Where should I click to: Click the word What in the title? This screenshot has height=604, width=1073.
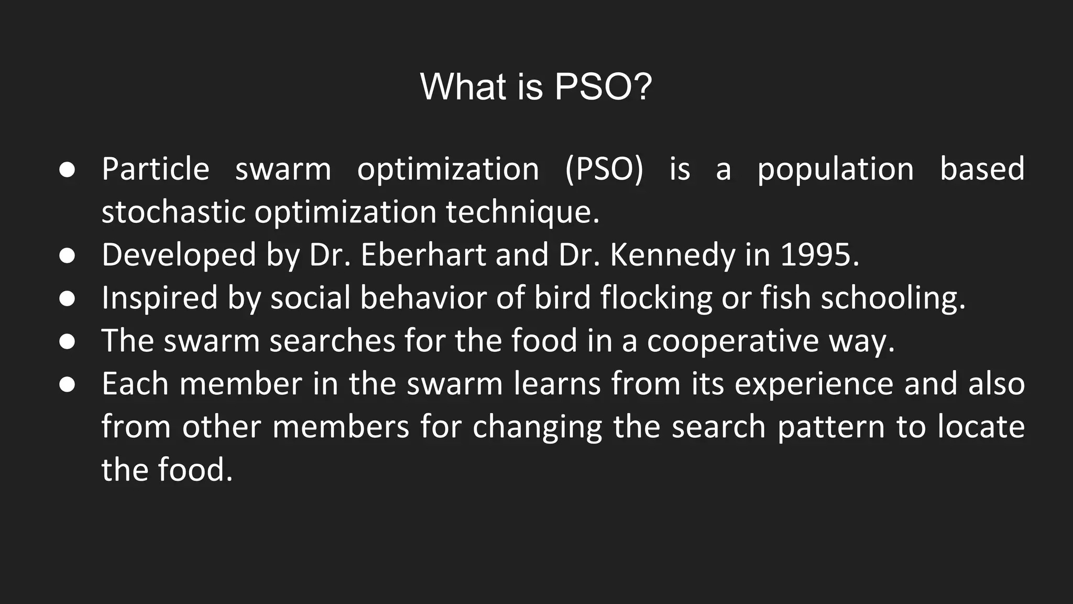tap(463, 87)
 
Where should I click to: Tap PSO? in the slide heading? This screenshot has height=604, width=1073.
tap(603, 87)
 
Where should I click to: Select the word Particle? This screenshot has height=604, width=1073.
tap(156, 169)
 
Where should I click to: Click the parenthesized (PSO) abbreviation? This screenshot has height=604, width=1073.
tap(604, 169)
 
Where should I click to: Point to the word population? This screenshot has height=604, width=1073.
tap(836, 169)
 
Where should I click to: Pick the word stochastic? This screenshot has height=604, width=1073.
tap(173, 212)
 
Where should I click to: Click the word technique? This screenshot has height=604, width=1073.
tap(522, 212)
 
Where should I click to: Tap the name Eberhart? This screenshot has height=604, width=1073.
tap(423, 255)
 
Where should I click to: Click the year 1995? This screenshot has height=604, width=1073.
tap(819, 255)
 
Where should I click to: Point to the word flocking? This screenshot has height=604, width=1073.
tap(656, 298)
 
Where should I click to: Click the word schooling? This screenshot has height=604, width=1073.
tap(893, 298)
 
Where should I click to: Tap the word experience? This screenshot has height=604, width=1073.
tap(814, 384)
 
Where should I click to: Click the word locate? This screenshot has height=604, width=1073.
tap(981, 427)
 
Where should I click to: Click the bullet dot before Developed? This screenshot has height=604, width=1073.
tap(67, 256)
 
